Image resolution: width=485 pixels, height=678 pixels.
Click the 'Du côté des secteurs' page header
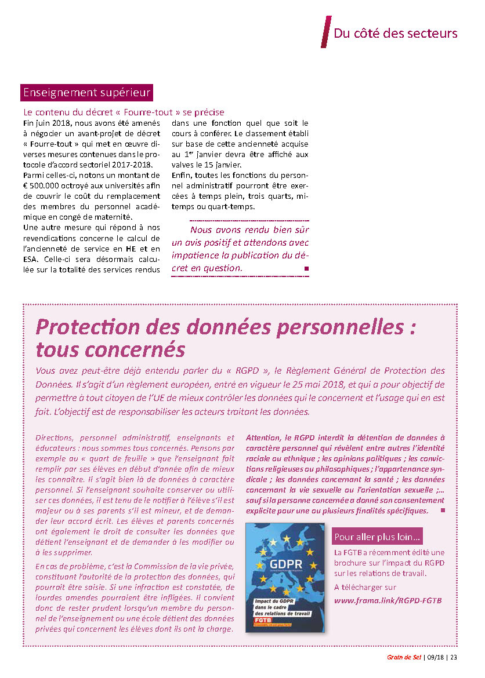[395, 33]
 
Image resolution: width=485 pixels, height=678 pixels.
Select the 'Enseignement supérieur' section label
[86, 92]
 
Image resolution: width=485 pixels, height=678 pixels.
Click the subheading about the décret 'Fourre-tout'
[123, 112]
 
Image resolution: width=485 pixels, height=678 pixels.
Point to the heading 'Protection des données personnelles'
[226, 327]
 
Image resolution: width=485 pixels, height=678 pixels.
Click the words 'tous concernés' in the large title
[110, 350]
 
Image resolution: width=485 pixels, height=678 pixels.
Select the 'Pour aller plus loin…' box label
[378, 535]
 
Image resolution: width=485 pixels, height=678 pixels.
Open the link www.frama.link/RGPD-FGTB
[388, 600]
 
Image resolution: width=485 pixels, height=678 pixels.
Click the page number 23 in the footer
[453, 657]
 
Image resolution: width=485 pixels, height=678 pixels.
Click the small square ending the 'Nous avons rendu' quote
[306, 269]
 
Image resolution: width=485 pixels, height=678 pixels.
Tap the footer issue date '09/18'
[435, 657]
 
